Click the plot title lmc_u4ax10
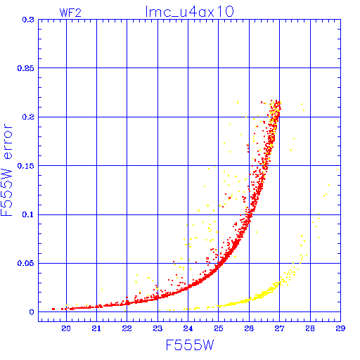(x=189, y=12)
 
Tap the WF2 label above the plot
(x=70, y=13)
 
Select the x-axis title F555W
(x=190, y=345)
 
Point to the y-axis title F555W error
(x=6, y=169)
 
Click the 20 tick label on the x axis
(x=66, y=328)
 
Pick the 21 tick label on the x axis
(x=96, y=328)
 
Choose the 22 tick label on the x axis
(x=127, y=328)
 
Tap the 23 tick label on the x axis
(x=157, y=328)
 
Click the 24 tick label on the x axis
(x=188, y=328)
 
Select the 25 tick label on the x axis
(x=219, y=328)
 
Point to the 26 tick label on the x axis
(x=249, y=328)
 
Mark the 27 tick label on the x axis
(x=279, y=328)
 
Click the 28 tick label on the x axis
(x=310, y=328)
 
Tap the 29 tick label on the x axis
(x=340, y=328)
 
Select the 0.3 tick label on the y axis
(x=28, y=20)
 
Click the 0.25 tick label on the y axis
(x=26, y=68)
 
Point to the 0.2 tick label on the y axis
(x=28, y=117)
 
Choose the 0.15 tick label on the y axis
(x=26, y=166)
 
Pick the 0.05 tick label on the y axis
(x=26, y=263)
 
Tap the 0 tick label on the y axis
(x=32, y=312)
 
